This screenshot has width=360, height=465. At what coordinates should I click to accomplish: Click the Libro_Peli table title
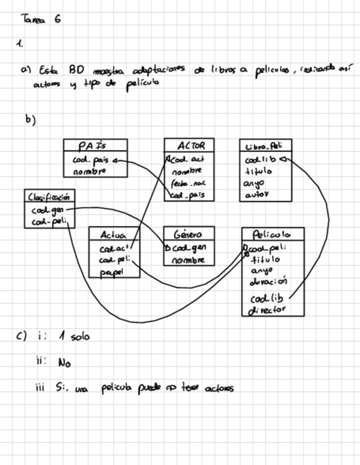tap(265, 146)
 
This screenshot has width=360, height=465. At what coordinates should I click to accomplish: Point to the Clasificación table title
tap(49, 196)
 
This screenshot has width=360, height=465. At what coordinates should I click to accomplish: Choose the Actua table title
tap(114, 235)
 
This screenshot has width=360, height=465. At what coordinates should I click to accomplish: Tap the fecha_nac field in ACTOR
tap(188, 183)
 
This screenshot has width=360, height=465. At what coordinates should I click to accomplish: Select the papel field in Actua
tap(112, 271)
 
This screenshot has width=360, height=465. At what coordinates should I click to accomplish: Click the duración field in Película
tap(268, 282)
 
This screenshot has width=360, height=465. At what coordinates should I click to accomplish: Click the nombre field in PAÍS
tap(89, 172)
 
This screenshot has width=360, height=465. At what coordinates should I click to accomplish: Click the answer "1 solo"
tap(73, 336)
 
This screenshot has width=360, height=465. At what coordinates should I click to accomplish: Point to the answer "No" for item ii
tap(64, 362)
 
